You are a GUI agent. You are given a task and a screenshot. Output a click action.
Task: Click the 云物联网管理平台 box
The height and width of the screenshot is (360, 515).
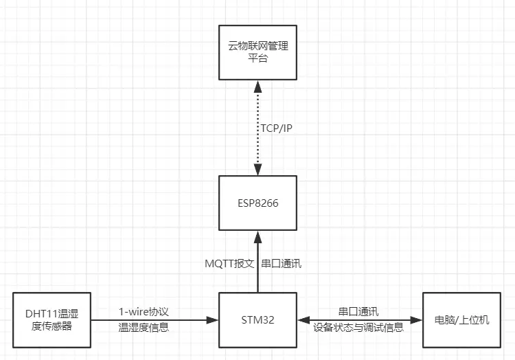pos(257,52)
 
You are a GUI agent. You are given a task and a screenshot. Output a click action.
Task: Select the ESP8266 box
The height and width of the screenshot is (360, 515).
pos(257,203)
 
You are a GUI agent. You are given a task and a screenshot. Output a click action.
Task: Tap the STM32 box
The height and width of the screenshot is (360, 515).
pos(257,320)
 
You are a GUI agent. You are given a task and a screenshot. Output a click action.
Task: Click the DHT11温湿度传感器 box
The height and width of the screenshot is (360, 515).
pos(51,320)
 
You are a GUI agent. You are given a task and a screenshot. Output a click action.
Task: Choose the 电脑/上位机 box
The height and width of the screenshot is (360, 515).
pos(462,320)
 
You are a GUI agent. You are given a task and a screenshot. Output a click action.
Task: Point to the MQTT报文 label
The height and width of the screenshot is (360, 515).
pos(229,262)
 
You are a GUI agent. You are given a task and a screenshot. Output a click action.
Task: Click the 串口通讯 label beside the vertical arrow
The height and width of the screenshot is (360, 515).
pos(282,262)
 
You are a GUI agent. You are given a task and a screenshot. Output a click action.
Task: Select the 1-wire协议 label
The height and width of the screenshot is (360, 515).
pos(144,311)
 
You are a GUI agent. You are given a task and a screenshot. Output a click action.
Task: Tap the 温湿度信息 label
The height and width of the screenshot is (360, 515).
pos(144,328)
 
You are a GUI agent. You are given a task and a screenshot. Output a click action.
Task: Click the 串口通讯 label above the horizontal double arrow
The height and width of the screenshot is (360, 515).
pos(358,311)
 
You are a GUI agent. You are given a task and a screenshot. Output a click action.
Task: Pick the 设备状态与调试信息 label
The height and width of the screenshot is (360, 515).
pos(358,328)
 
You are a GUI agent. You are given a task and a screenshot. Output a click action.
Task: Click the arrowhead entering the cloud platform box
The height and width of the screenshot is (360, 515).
pos(257,85)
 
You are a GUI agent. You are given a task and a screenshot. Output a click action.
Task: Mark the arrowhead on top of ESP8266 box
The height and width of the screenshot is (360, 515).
pos(257,170)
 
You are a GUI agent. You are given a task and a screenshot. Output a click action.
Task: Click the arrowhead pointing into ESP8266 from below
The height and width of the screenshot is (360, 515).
pos(257,236)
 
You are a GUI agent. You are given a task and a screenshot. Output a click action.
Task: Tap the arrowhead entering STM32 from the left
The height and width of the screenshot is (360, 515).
pos(213,320)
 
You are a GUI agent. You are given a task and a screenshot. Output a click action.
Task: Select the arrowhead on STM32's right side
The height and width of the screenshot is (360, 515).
pos(304,320)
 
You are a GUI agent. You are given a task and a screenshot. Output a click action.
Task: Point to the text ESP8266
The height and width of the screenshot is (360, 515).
pos(257,203)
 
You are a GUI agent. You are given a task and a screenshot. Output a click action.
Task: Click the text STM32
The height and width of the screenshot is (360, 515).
pos(257,320)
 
